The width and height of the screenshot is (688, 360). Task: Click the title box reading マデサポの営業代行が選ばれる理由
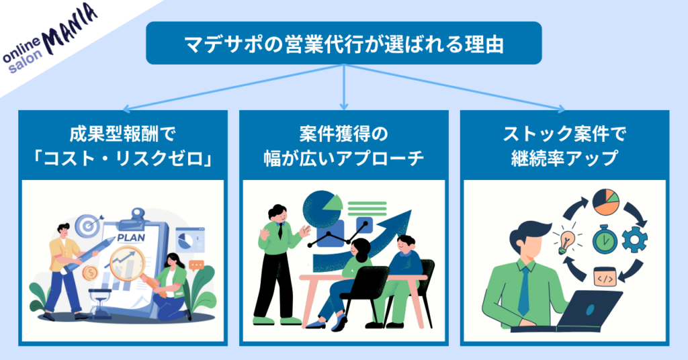point(343,43)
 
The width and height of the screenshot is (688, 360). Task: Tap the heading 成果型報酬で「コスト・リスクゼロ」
point(122,147)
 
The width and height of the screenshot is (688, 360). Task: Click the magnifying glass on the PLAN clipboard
point(126,259)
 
